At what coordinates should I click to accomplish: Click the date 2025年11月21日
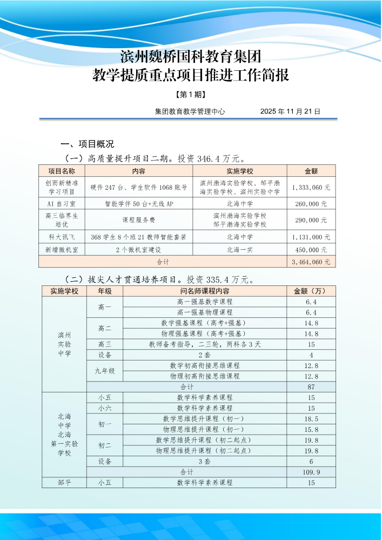click(x=290, y=112)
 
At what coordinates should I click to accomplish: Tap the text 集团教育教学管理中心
click(x=190, y=112)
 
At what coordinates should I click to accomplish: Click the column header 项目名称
click(x=61, y=171)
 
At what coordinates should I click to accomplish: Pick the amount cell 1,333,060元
click(x=311, y=188)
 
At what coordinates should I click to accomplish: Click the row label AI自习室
click(x=61, y=204)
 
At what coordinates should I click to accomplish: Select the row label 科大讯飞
click(x=61, y=237)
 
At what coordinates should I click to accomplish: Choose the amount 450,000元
click(x=311, y=250)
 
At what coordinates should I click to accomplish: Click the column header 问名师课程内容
click(x=205, y=291)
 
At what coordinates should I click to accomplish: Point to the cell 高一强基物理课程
click(x=205, y=312)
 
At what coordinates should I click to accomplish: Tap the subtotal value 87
click(x=311, y=387)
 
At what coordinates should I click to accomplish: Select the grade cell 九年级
click(x=105, y=371)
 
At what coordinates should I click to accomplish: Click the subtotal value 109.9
click(x=311, y=472)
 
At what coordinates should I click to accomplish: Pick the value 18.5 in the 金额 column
click(x=311, y=419)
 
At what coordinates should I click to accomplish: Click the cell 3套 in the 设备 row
click(x=205, y=462)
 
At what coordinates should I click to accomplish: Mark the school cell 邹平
click(x=64, y=483)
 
